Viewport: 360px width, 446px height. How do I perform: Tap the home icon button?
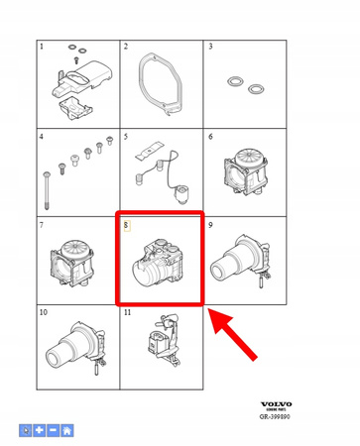(x=66, y=431)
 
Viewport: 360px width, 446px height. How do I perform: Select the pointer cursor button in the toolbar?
(x=25, y=431)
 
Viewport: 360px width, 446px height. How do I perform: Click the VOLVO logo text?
(x=277, y=403)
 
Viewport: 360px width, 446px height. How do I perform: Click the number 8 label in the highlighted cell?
(x=126, y=224)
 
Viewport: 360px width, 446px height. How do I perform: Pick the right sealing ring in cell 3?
(x=256, y=89)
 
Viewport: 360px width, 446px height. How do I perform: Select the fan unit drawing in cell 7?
(x=74, y=261)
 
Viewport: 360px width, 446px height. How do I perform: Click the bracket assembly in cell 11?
(x=161, y=347)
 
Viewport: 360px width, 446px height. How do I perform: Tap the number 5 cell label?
(x=126, y=135)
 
